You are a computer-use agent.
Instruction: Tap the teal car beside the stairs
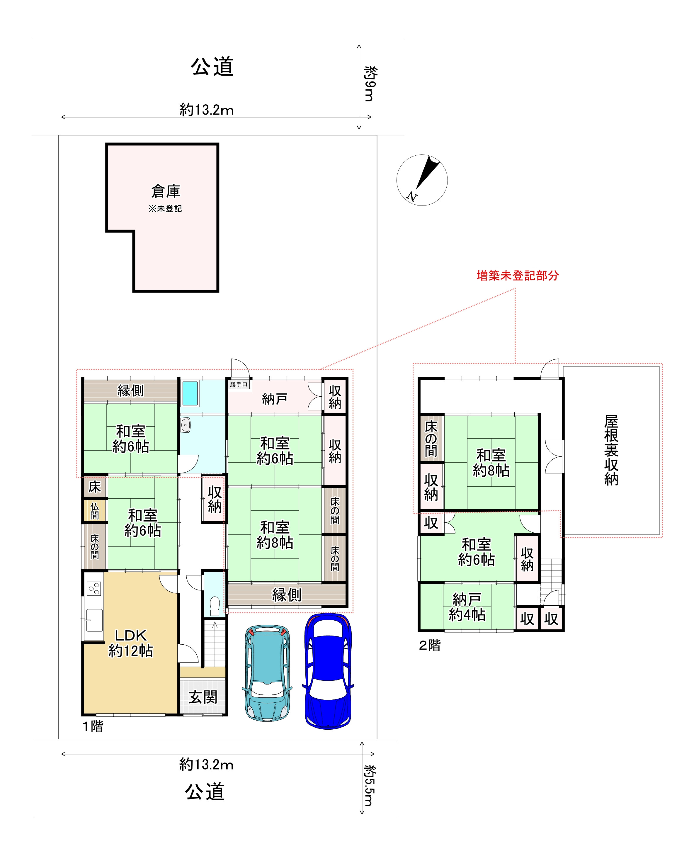coord(267,672)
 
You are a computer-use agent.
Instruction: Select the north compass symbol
coord(422,180)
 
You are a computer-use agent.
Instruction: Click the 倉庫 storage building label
coord(166,191)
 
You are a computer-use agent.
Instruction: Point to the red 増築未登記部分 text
coord(517,276)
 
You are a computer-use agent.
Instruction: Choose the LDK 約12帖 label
coord(131,643)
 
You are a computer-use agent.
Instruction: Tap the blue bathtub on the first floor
coord(190,393)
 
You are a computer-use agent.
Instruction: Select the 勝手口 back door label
coord(239,385)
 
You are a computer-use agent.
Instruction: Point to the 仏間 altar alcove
coord(95,511)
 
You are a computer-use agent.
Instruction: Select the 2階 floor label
coord(430,645)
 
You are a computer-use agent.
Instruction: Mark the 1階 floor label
coord(93,726)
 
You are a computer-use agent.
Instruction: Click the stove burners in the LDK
coord(94,588)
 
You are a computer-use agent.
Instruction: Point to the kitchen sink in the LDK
coord(94,620)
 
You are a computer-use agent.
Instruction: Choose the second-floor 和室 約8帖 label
coord(491,463)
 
